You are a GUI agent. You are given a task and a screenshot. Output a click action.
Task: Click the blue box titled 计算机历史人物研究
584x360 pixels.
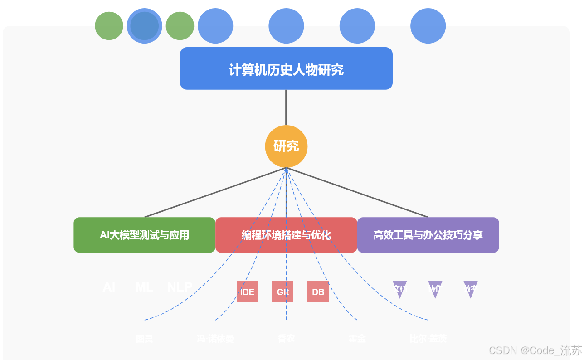286,68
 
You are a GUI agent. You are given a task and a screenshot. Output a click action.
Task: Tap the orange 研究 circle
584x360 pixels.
286,146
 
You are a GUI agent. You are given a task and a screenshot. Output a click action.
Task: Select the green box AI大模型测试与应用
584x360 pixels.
144,235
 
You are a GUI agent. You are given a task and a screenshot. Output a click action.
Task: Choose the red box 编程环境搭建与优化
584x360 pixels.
286,235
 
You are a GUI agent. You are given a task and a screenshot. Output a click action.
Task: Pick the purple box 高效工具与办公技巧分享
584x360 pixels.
428,235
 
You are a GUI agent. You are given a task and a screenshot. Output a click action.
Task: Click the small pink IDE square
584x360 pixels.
247,292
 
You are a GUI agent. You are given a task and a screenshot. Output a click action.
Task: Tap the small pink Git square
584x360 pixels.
282,292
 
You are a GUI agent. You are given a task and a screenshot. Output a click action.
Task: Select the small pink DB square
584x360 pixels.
318,292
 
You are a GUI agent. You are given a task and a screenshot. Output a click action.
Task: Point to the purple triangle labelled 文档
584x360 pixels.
399,289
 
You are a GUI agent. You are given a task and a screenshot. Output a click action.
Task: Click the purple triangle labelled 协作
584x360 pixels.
435,289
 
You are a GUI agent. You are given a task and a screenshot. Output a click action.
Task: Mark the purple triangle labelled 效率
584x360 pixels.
470,289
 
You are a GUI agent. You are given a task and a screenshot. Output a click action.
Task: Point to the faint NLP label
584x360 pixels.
180,287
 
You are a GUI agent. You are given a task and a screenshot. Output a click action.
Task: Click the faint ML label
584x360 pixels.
144,287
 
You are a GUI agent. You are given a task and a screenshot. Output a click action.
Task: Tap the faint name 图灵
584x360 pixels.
144,339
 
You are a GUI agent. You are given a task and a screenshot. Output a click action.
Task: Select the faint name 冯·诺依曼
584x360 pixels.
215,339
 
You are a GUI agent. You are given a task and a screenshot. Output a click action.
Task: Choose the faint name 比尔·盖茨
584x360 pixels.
428,339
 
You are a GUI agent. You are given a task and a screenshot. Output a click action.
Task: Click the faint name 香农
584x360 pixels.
286,339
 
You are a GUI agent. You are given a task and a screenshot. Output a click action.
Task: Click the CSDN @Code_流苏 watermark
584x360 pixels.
535,350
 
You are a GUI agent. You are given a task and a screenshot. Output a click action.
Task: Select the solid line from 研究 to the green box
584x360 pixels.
215,193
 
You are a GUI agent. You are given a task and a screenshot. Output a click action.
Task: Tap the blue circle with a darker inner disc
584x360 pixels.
144,26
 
